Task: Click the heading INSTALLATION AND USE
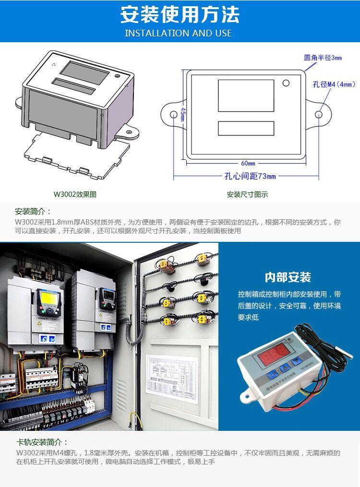coord(179,33)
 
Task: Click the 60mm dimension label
coord(248,163)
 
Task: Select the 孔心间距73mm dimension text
coord(251,176)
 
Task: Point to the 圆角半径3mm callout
coord(323,58)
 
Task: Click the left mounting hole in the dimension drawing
coord(174,115)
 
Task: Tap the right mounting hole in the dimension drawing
coord(319,115)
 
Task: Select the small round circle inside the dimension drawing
coord(286,83)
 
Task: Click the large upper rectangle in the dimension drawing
coord(246,95)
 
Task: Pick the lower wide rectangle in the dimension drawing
coord(246,128)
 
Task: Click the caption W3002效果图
coord(75,194)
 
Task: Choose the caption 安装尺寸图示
coord(247,194)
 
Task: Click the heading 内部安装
coord(288,277)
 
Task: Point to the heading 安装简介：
coord(33,212)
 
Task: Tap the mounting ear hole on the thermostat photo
coord(247,396)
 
